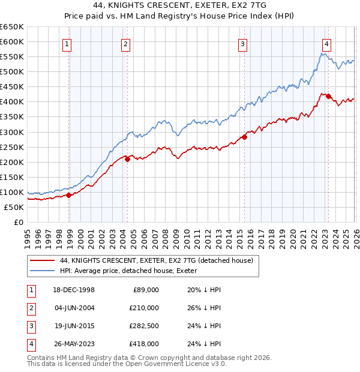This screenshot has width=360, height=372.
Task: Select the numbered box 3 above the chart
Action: click(x=242, y=43)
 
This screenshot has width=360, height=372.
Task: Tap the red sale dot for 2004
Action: click(x=127, y=159)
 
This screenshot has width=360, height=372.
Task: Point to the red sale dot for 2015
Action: click(x=245, y=137)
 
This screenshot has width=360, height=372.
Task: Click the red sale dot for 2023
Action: click(x=329, y=96)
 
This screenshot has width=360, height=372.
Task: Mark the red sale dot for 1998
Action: click(x=69, y=195)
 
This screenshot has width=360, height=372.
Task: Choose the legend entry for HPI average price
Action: click(x=132, y=271)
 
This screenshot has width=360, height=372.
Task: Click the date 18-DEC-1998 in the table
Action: click(x=74, y=289)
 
